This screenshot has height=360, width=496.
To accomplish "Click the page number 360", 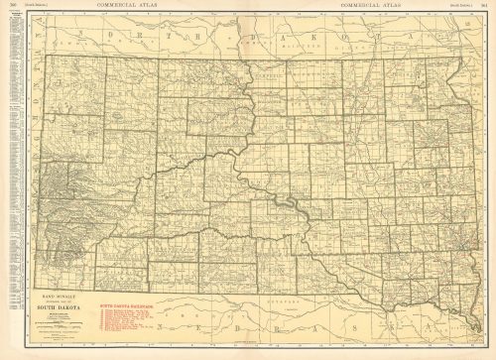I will coord(9,5).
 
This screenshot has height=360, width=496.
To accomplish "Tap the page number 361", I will coord(489,5).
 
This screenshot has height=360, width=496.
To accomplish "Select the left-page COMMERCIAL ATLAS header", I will coord(123,5).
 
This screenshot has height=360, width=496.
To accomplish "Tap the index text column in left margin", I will coord(12,149).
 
